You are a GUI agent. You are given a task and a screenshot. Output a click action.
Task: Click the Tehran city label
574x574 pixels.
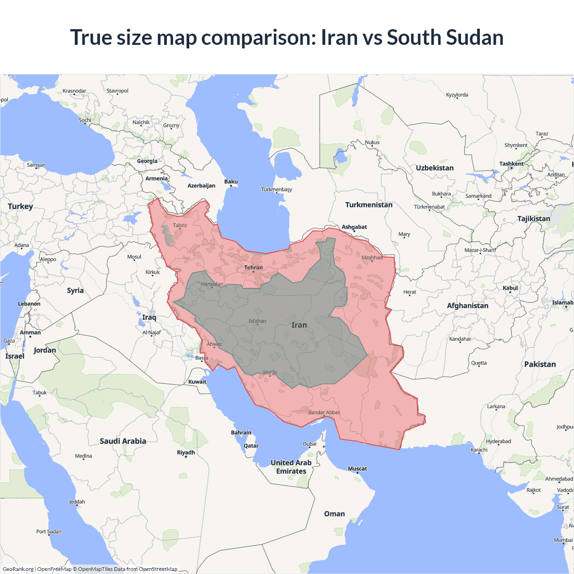(253, 268)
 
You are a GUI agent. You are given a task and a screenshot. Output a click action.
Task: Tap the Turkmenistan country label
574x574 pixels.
(369, 205)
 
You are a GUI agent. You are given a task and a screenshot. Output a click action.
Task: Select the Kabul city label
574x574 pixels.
(510, 288)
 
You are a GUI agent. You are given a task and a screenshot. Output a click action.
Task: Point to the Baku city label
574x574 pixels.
(231, 182)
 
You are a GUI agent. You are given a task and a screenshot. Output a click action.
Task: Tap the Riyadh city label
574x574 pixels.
(186, 452)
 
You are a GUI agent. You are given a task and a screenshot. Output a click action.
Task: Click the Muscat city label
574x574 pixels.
(357, 469)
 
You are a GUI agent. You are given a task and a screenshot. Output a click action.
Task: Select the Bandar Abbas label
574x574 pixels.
(324, 413)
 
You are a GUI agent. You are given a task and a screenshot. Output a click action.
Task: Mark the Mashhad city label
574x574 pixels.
(372, 257)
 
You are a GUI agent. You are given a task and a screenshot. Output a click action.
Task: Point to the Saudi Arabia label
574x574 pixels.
(123, 441)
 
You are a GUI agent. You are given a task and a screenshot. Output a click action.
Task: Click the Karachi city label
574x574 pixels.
(479, 450)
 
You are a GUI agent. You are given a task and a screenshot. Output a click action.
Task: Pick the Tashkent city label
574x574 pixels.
(511, 164)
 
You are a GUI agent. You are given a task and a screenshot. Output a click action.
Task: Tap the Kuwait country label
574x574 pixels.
(197, 382)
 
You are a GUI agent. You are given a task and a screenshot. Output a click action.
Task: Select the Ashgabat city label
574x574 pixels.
(354, 227)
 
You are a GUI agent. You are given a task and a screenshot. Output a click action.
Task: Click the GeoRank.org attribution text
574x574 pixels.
(18, 569)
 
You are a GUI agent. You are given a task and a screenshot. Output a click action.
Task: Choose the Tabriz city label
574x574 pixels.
(180, 226)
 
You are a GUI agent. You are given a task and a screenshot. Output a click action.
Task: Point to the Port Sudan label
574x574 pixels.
(49, 531)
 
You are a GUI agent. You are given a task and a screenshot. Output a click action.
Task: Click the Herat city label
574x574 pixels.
(409, 292)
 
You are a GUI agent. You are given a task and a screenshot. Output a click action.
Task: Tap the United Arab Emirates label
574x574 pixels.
(291, 467)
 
